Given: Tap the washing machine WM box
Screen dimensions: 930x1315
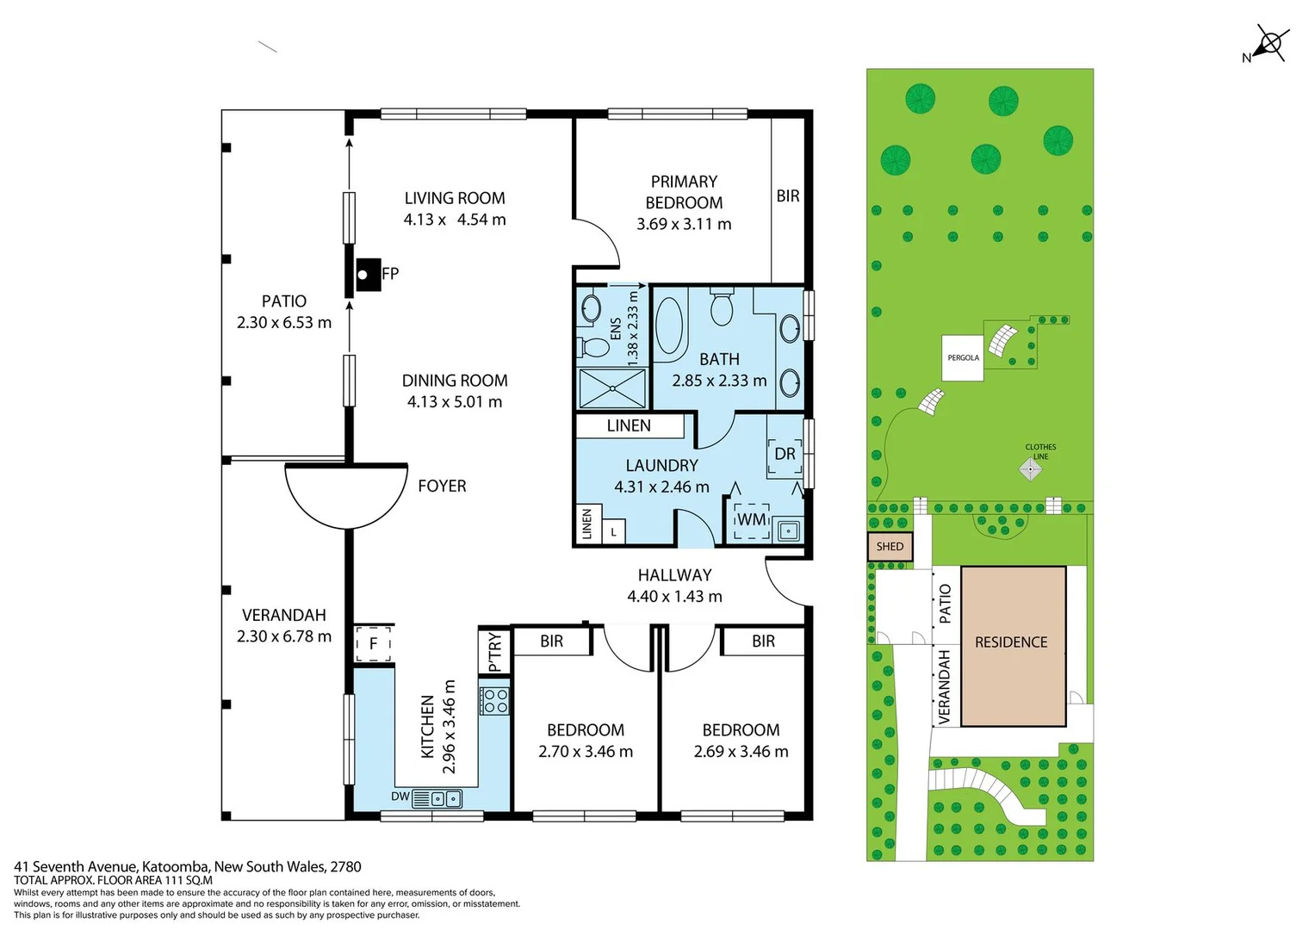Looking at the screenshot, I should [751, 520].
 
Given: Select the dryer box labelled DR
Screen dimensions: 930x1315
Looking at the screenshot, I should [785, 454].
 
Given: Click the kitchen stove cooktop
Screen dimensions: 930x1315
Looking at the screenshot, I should [495, 700].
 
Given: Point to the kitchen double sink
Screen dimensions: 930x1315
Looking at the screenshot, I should [444, 798].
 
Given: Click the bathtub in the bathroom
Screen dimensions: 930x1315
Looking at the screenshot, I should [669, 326].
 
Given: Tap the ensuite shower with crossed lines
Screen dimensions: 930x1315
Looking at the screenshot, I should [611, 387].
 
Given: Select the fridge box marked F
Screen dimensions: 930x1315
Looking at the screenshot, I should [374, 643].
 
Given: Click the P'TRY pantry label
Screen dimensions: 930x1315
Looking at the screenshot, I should [494, 652].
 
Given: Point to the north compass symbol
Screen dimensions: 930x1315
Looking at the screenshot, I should [1269, 44].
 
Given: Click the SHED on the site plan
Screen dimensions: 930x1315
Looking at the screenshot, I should [890, 547].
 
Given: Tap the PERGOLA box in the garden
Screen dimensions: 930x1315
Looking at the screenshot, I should [963, 357].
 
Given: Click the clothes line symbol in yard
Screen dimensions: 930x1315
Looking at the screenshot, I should [1031, 469].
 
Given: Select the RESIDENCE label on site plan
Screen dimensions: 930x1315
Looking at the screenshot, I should [1011, 642].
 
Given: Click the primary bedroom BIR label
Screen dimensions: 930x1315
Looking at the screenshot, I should [788, 196].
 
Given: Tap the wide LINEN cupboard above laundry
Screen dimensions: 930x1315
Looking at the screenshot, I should [629, 425].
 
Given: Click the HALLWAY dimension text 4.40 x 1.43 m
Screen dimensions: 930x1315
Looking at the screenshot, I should [674, 597].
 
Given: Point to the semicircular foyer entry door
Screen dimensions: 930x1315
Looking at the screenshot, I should [346, 495].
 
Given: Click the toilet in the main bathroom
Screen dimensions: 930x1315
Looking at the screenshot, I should [722, 307].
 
